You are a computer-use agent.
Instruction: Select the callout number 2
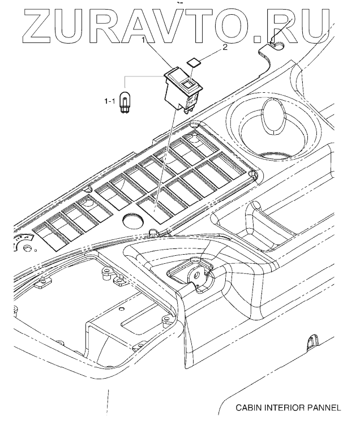(224, 48)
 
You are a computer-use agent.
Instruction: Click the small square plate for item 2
(194, 61)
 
